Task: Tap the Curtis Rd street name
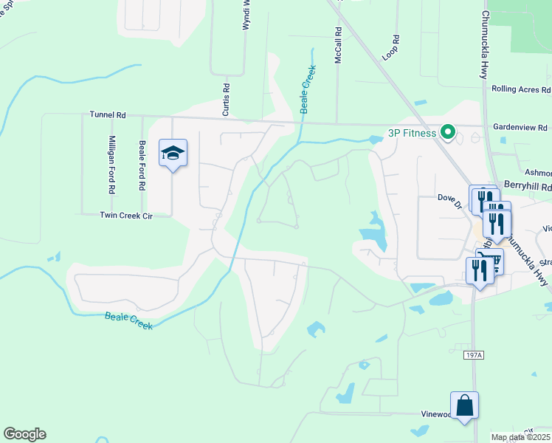[x=227, y=100]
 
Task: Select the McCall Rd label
[x=338, y=46]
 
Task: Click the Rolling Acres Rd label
[x=520, y=89]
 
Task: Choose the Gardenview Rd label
[x=520, y=127]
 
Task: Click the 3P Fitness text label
[x=413, y=134]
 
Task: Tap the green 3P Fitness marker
[x=446, y=134]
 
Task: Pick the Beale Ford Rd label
[x=142, y=166]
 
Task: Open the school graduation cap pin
[x=173, y=154]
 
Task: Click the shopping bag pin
[x=464, y=405]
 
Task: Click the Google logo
[x=24, y=434]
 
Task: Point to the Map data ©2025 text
[x=520, y=437]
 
